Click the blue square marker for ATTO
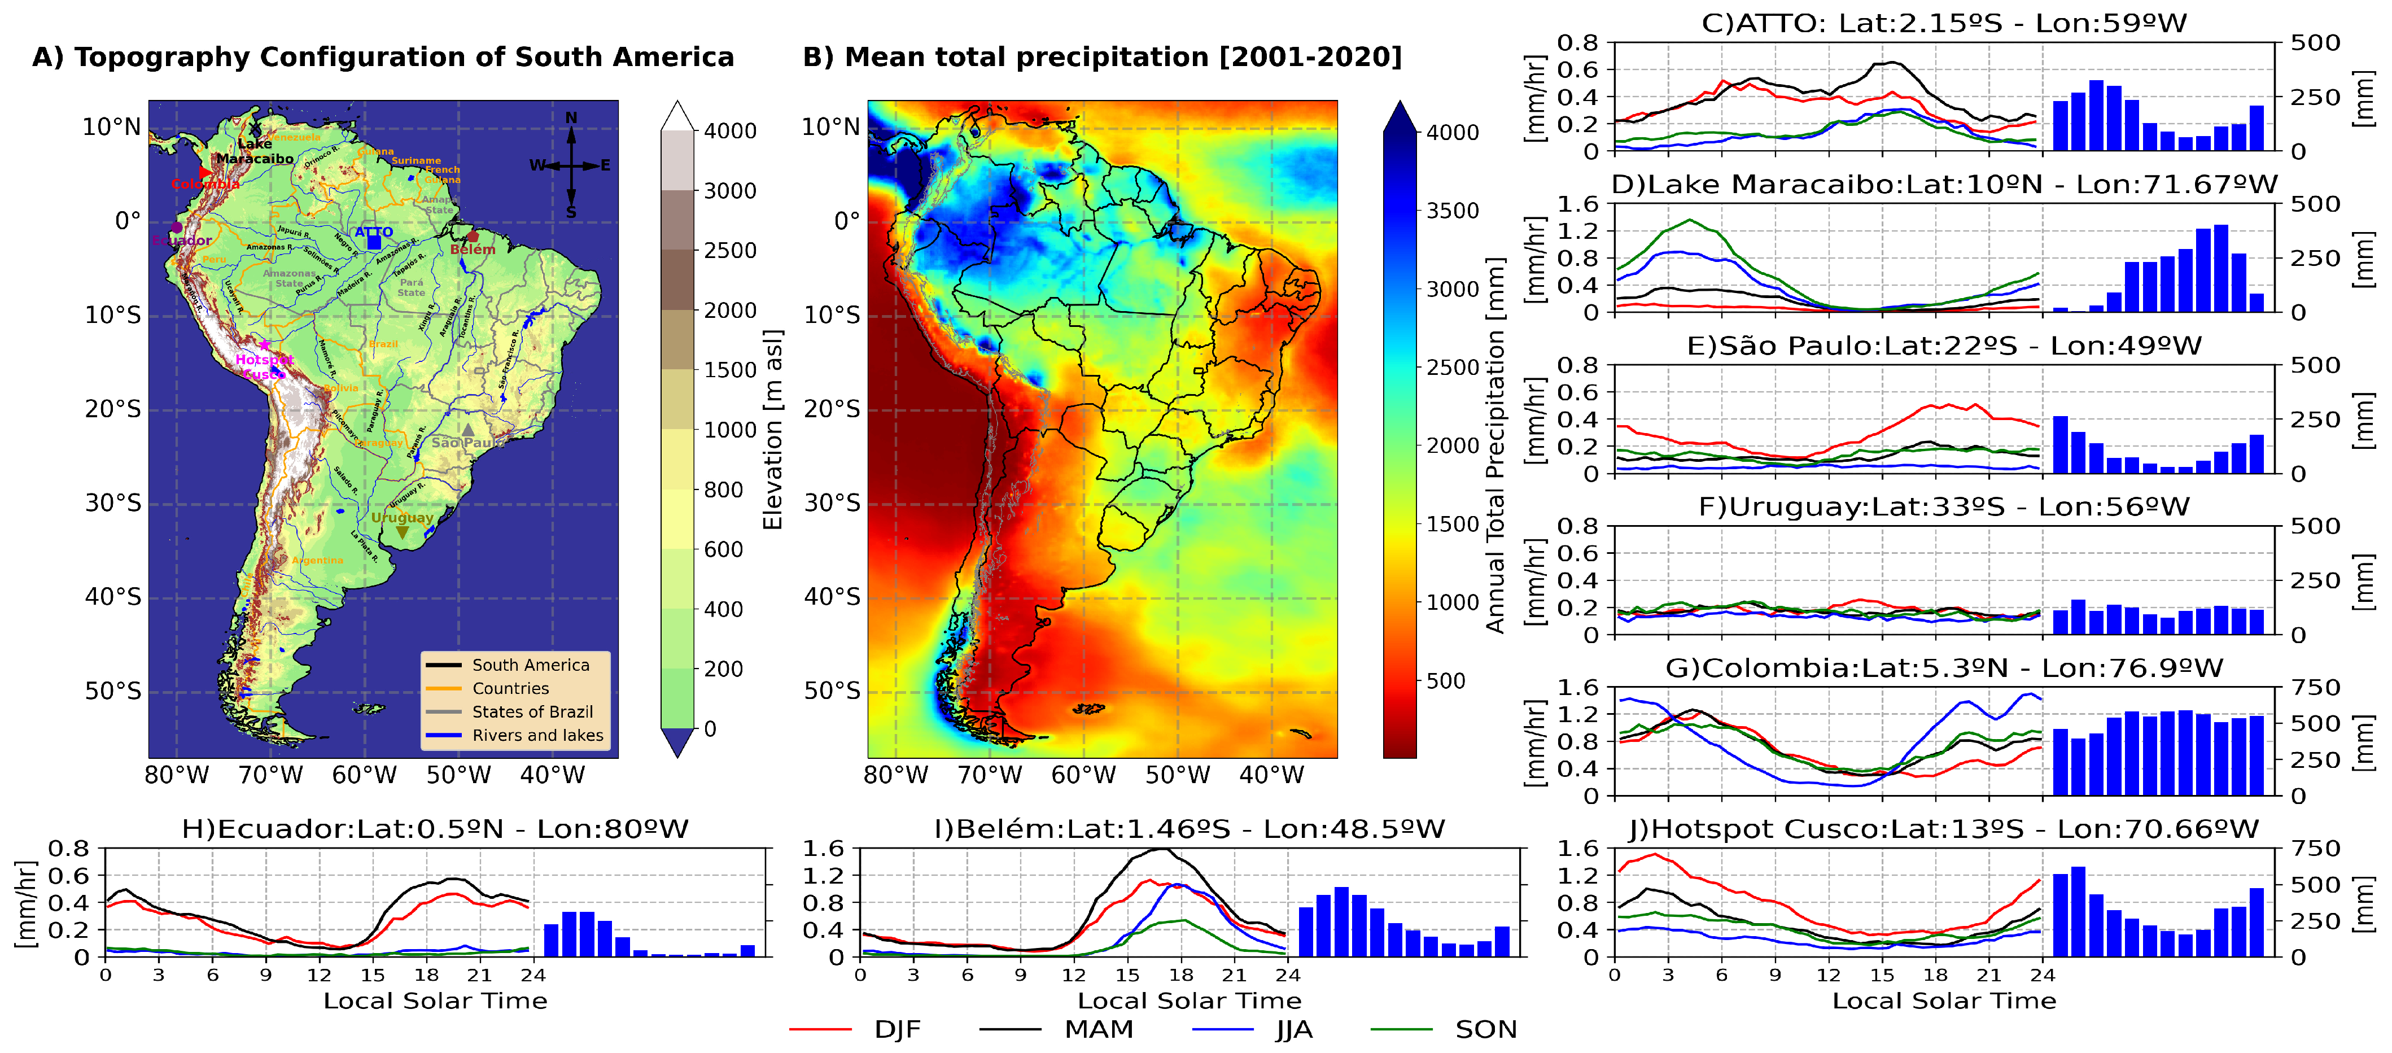(373, 242)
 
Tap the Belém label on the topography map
(473, 250)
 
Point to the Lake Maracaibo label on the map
(255, 151)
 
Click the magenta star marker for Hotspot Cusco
(265, 344)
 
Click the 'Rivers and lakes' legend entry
(537, 736)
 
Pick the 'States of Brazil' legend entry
(532, 712)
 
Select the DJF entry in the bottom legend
(896, 1030)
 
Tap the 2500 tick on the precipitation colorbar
(1452, 368)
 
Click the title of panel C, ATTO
(1944, 23)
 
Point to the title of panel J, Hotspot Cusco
(1944, 829)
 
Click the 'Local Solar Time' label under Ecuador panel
(435, 1001)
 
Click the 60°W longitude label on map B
(1083, 775)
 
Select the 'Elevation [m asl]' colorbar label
(772, 429)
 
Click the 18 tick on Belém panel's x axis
(1180, 975)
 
